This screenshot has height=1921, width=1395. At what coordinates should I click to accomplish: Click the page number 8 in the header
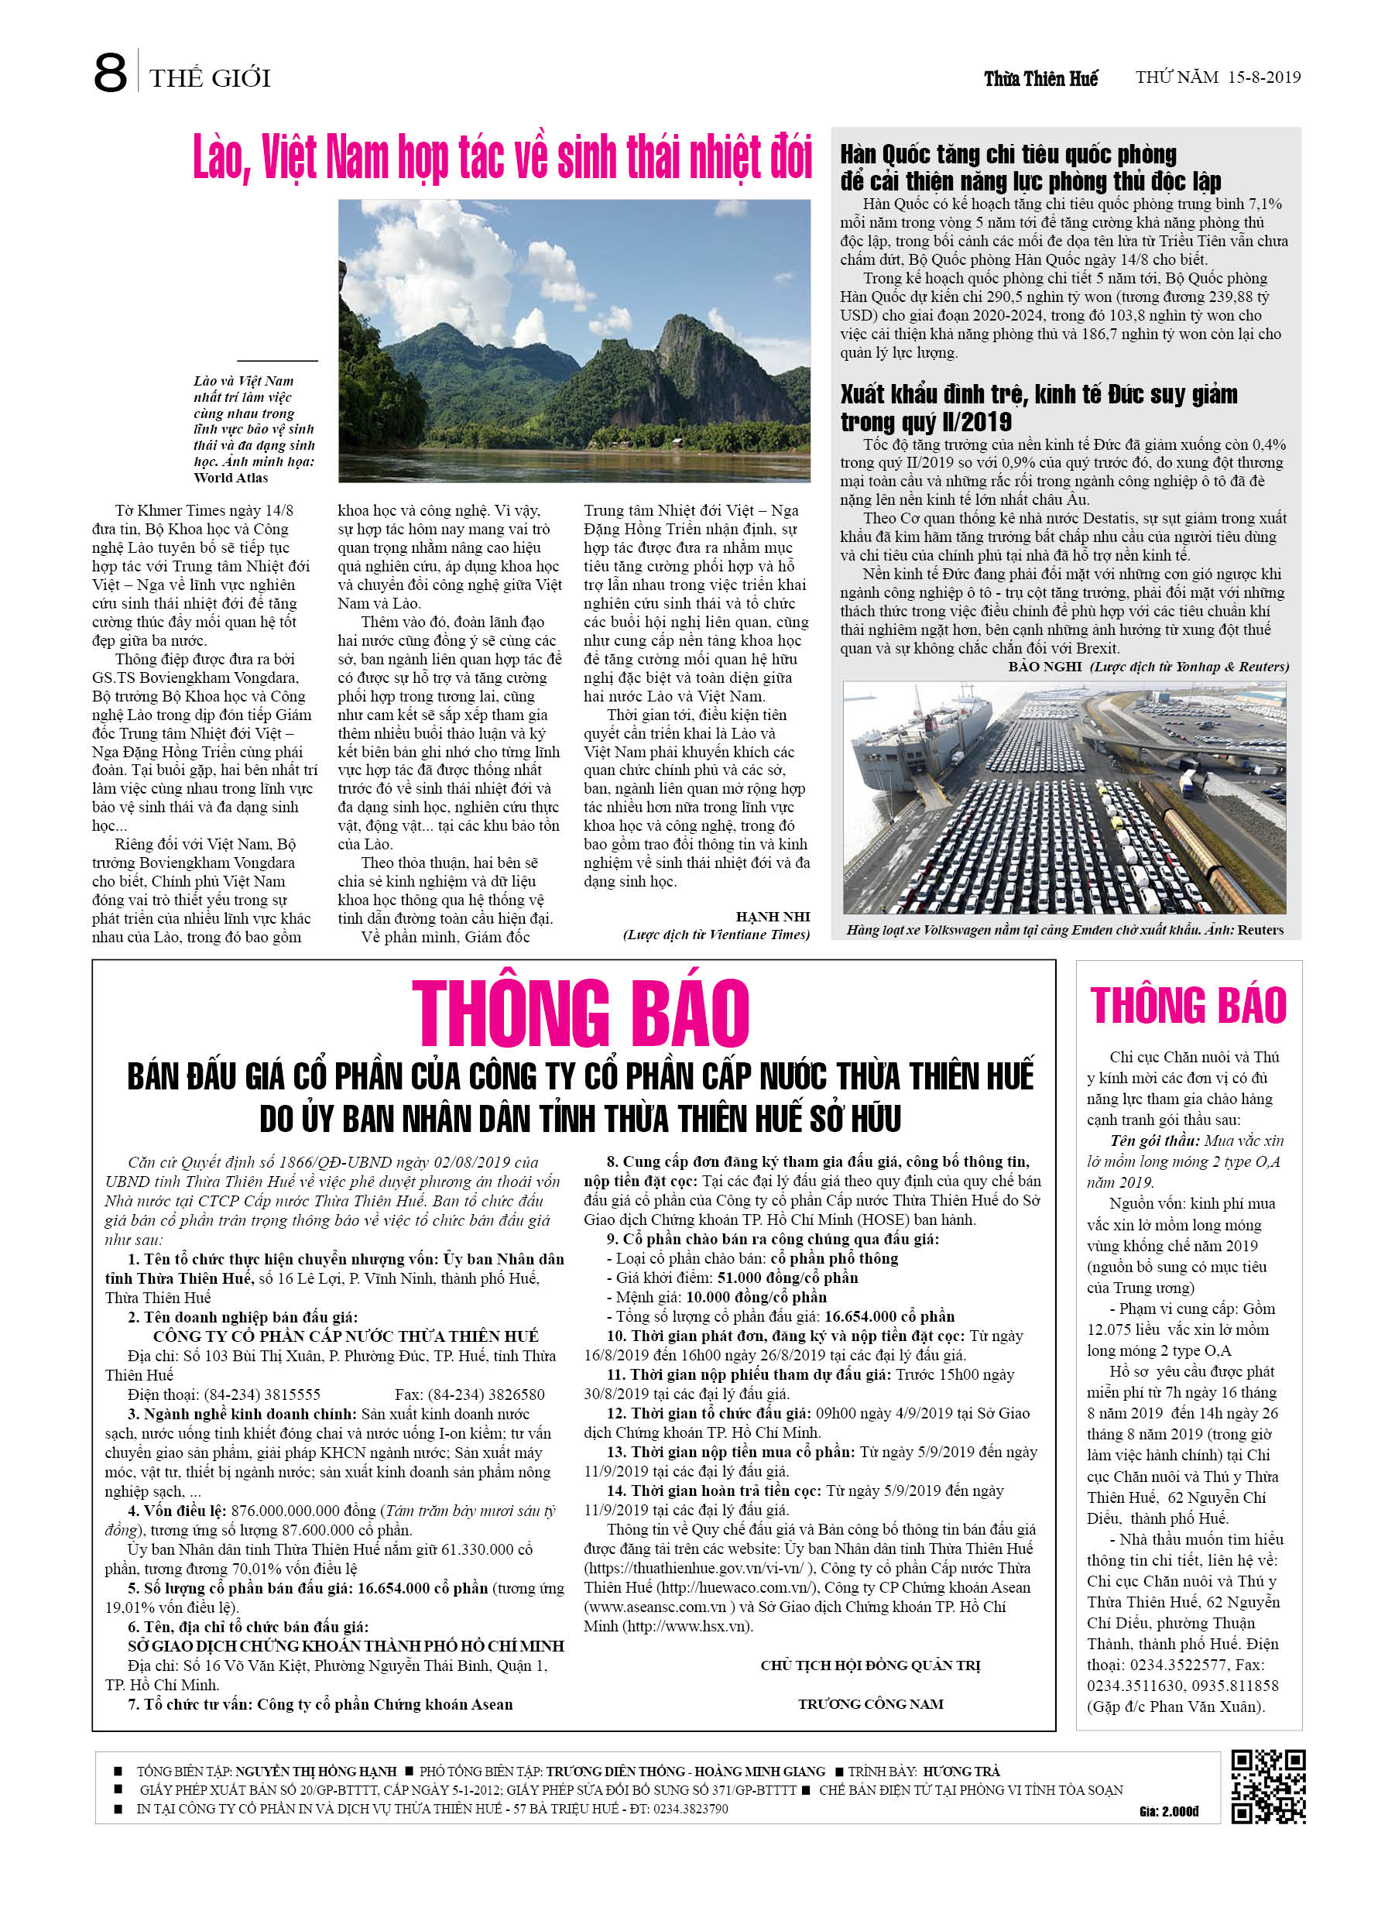point(110,74)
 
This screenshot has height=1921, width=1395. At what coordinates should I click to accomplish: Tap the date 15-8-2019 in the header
point(1260,78)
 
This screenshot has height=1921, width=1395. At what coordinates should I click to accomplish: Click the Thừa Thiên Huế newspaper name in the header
point(1040,79)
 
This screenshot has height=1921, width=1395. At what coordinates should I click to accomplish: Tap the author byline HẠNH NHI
point(773,917)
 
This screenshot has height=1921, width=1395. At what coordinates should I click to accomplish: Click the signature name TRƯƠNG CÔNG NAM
point(870,1704)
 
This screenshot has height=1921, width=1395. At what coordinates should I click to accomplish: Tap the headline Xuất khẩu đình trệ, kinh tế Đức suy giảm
point(1038,407)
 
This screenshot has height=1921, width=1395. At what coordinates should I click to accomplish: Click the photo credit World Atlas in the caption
point(231,478)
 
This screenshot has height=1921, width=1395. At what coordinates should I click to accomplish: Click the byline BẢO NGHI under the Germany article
point(1044,667)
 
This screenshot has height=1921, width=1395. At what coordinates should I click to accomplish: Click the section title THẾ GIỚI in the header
point(210,79)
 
